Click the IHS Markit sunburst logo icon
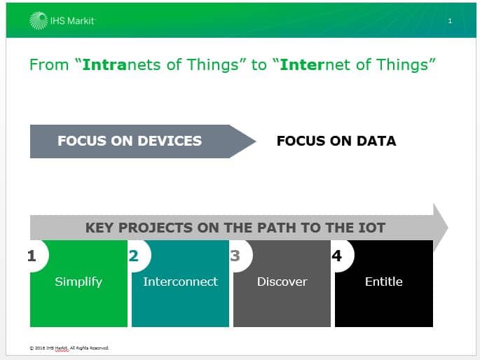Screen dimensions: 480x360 (39, 21)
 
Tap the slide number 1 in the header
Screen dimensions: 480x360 (450, 21)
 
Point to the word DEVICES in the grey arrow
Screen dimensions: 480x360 (170, 141)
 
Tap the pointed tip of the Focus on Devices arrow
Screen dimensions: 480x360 (256, 141)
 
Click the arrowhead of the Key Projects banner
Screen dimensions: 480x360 (441, 228)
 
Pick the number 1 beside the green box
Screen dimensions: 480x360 (32, 256)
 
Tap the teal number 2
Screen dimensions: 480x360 (133, 256)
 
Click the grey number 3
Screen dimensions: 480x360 (235, 256)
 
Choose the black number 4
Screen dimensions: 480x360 (337, 256)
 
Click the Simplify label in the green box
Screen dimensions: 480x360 (78, 282)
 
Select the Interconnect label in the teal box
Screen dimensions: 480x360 (180, 282)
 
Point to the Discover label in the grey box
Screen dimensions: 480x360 (282, 282)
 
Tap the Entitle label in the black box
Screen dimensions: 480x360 (383, 282)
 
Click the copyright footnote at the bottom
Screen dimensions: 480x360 (69, 348)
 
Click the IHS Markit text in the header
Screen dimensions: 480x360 (72, 21)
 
